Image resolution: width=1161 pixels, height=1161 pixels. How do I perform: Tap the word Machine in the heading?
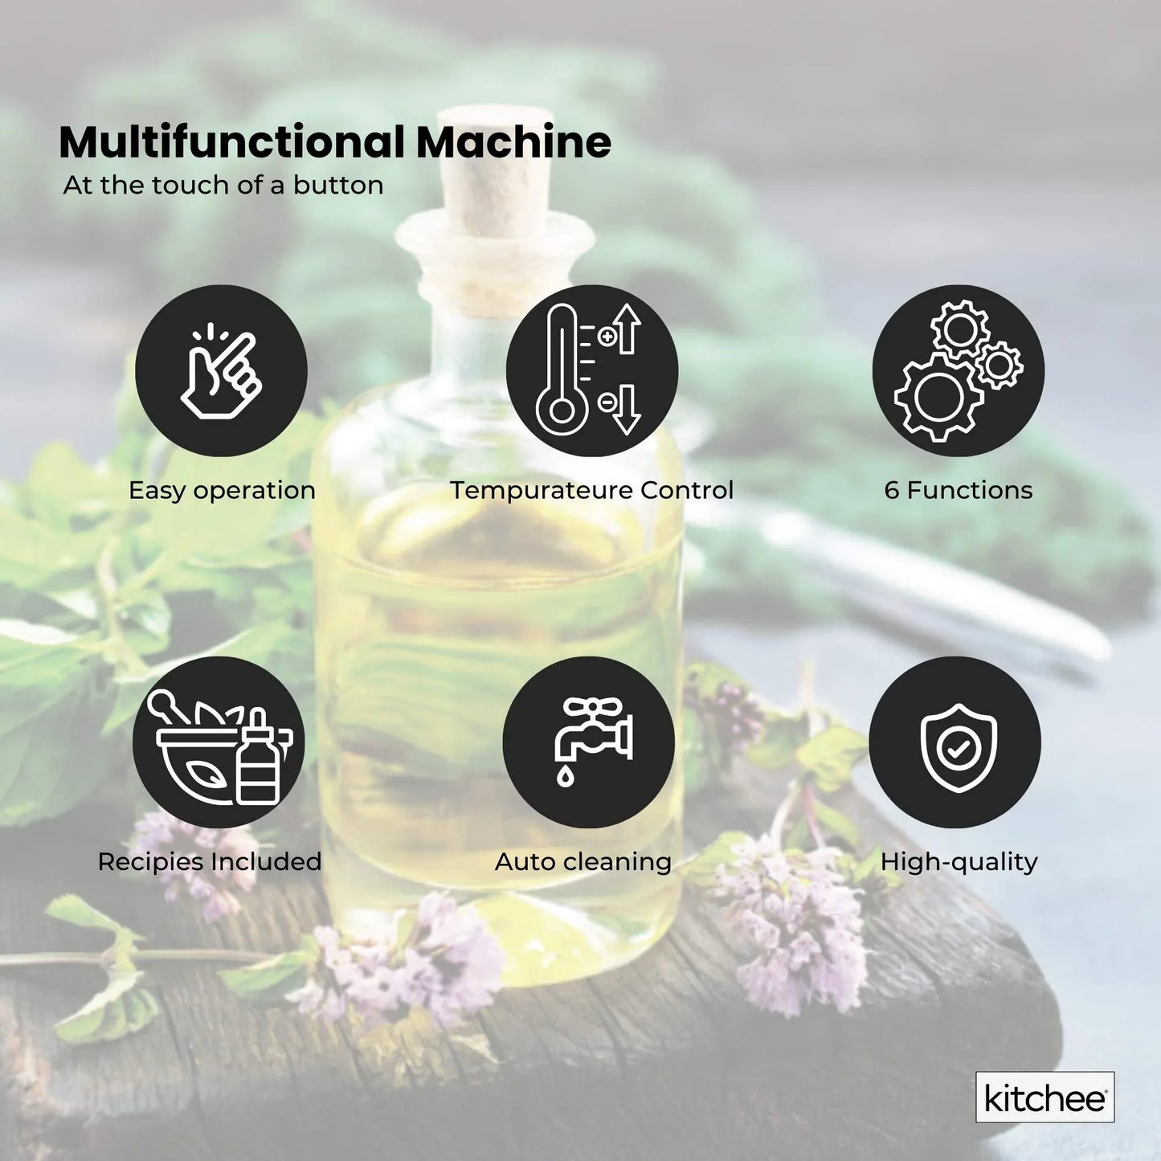(x=513, y=142)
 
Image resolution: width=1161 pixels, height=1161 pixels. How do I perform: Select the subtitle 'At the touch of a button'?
(x=223, y=186)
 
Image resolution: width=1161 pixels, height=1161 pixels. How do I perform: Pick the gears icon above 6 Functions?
(x=959, y=370)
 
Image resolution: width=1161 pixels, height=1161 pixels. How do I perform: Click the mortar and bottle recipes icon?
(x=219, y=742)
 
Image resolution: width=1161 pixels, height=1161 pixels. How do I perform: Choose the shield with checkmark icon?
(x=955, y=742)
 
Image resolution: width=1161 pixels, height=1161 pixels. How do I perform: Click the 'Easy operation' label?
(x=222, y=490)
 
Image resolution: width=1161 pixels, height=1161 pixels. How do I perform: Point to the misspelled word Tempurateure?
(x=541, y=490)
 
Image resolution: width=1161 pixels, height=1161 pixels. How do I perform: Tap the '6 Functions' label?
(x=959, y=490)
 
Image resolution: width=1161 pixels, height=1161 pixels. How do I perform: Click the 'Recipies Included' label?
(x=210, y=861)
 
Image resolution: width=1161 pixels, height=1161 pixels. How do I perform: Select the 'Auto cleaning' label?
(x=583, y=861)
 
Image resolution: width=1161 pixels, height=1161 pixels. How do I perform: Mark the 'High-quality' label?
(x=959, y=861)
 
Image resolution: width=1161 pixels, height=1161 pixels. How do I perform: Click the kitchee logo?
(x=1044, y=1098)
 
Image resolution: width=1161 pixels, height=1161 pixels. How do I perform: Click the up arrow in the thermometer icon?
(x=628, y=329)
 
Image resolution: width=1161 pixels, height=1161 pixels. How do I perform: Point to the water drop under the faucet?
(x=566, y=775)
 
